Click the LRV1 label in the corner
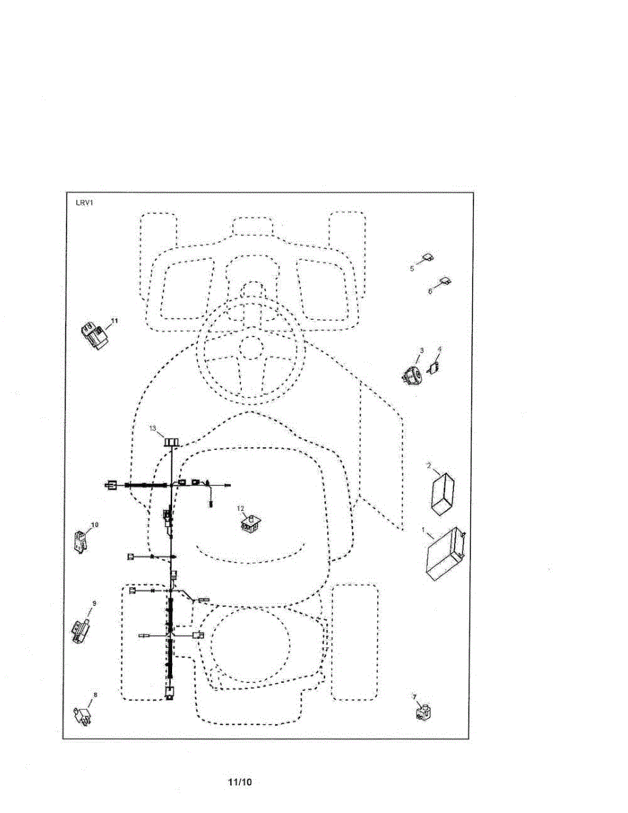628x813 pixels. tap(84, 202)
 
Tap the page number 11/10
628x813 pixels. tap(239, 783)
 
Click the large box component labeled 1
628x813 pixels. tap(445, 554)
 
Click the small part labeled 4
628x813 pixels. tap(434, 368)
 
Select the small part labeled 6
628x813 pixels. tap(446, 280)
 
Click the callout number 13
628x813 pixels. tap(152, 428)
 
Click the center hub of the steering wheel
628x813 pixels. tap(250, 348)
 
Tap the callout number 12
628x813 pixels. tap(240, 508)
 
